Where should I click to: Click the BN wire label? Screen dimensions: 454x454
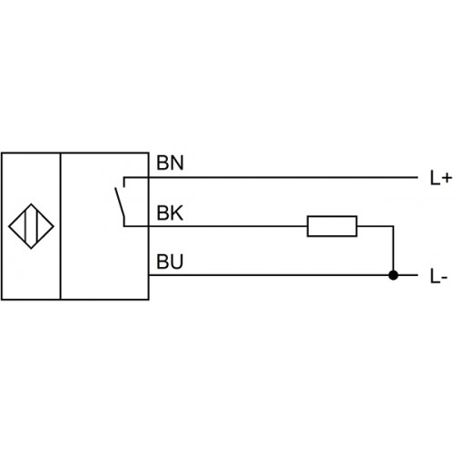170,163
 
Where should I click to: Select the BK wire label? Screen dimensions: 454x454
170,212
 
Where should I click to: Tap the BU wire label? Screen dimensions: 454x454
170,262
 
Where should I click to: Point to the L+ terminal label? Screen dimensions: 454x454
441,178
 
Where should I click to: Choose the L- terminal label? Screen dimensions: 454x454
439,276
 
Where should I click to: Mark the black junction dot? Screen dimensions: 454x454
393,275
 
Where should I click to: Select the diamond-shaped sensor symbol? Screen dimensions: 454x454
31,203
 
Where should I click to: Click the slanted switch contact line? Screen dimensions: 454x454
120,202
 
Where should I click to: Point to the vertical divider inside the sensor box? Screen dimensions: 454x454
61,226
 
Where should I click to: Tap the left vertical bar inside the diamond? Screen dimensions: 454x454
25,226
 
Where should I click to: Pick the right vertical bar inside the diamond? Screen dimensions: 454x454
36,226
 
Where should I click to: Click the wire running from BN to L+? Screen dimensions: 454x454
271,177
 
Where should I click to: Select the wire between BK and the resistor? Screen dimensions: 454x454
215,226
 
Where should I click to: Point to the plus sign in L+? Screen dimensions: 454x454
446,178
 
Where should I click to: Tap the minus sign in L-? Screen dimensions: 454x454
444,278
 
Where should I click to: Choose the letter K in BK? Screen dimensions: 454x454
177,212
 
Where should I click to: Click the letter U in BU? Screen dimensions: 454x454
177,262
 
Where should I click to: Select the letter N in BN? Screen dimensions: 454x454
177,163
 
